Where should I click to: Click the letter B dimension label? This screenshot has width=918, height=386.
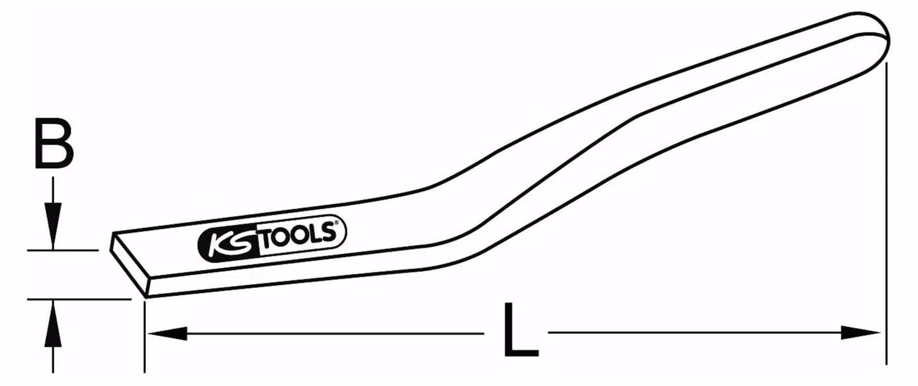coord(54,143)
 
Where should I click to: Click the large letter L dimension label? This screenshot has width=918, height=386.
coord(520,330)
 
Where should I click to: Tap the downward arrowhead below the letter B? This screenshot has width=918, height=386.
coord(53,226)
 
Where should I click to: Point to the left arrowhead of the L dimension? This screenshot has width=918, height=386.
coord(168,333)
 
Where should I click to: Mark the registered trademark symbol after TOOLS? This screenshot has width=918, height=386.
coord(336,224)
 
